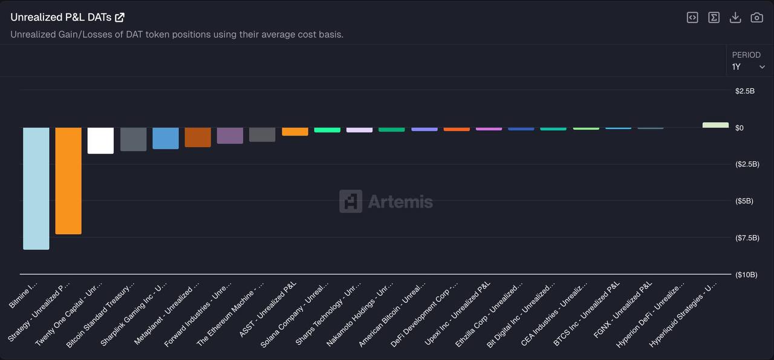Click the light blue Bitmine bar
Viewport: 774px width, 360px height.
(36, 188)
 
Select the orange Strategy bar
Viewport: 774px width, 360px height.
(68, 180)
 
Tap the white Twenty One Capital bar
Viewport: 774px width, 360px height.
(100, 140)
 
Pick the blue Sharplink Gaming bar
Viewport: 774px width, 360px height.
(165, 138)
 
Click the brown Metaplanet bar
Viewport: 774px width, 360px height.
(198, 137)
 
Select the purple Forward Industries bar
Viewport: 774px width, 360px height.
(230, 135)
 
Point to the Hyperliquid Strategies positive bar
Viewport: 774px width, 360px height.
(715, 125)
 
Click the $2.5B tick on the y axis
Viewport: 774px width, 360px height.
(744, 91)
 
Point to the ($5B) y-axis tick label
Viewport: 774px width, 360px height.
(744, 201)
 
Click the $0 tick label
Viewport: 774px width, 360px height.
(739, 128)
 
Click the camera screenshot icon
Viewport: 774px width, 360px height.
(756, 18)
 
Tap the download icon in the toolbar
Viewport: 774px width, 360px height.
(735, 18)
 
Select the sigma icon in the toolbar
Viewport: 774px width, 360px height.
(714, 18)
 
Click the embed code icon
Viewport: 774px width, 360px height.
(692, 18)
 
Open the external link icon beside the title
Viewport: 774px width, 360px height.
(120, 18)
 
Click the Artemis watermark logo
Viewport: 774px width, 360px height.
(386, 201)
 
